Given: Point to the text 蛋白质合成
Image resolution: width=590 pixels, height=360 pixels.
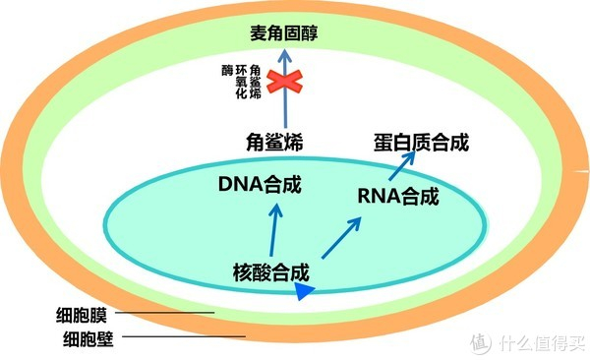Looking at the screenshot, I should click(420, 141).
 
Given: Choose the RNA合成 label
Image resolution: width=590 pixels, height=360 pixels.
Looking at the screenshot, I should click(398, 196).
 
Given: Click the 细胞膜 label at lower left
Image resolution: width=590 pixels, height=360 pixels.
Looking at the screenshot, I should click(87, 317).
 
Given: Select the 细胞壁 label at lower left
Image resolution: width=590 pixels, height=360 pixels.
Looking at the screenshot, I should click(87, 339).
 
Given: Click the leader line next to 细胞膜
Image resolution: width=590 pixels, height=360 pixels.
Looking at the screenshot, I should click(167, 315).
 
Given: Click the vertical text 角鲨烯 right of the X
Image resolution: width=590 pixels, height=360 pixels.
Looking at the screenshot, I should click(256, 83).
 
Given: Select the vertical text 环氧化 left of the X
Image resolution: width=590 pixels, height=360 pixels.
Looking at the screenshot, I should click(240, 88).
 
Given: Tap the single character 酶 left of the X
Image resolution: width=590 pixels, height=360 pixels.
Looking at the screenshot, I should click(226, 73).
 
